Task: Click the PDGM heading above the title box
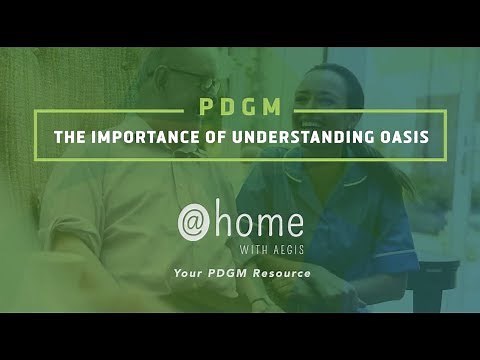239,106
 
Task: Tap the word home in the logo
263,219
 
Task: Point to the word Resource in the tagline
283,273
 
